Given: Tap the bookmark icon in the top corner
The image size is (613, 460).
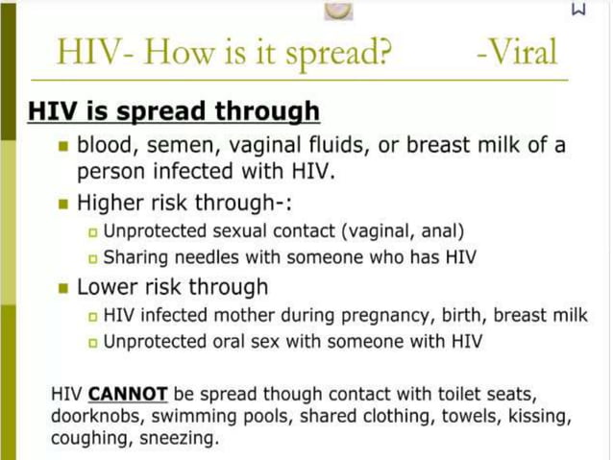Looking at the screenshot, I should coord(577,10).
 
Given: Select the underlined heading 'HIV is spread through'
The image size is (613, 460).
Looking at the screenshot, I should coord(174,111).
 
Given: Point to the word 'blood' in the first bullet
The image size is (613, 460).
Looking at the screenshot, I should coord(106,147).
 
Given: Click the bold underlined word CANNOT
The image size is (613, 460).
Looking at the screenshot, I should coord(128,395).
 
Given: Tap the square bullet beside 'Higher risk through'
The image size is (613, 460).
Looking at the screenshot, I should coord(63,204).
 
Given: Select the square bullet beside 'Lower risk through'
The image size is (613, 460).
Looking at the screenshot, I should coord(63,287).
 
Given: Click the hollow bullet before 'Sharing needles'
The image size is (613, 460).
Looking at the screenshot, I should coord(92,258).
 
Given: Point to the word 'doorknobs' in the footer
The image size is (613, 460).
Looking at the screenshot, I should coord(91,418).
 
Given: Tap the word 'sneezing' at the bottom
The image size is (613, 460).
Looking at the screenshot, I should coord(182,440).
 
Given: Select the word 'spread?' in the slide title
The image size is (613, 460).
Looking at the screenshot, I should coord(333,53).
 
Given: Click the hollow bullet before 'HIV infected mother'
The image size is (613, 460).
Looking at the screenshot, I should coord(92,315).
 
